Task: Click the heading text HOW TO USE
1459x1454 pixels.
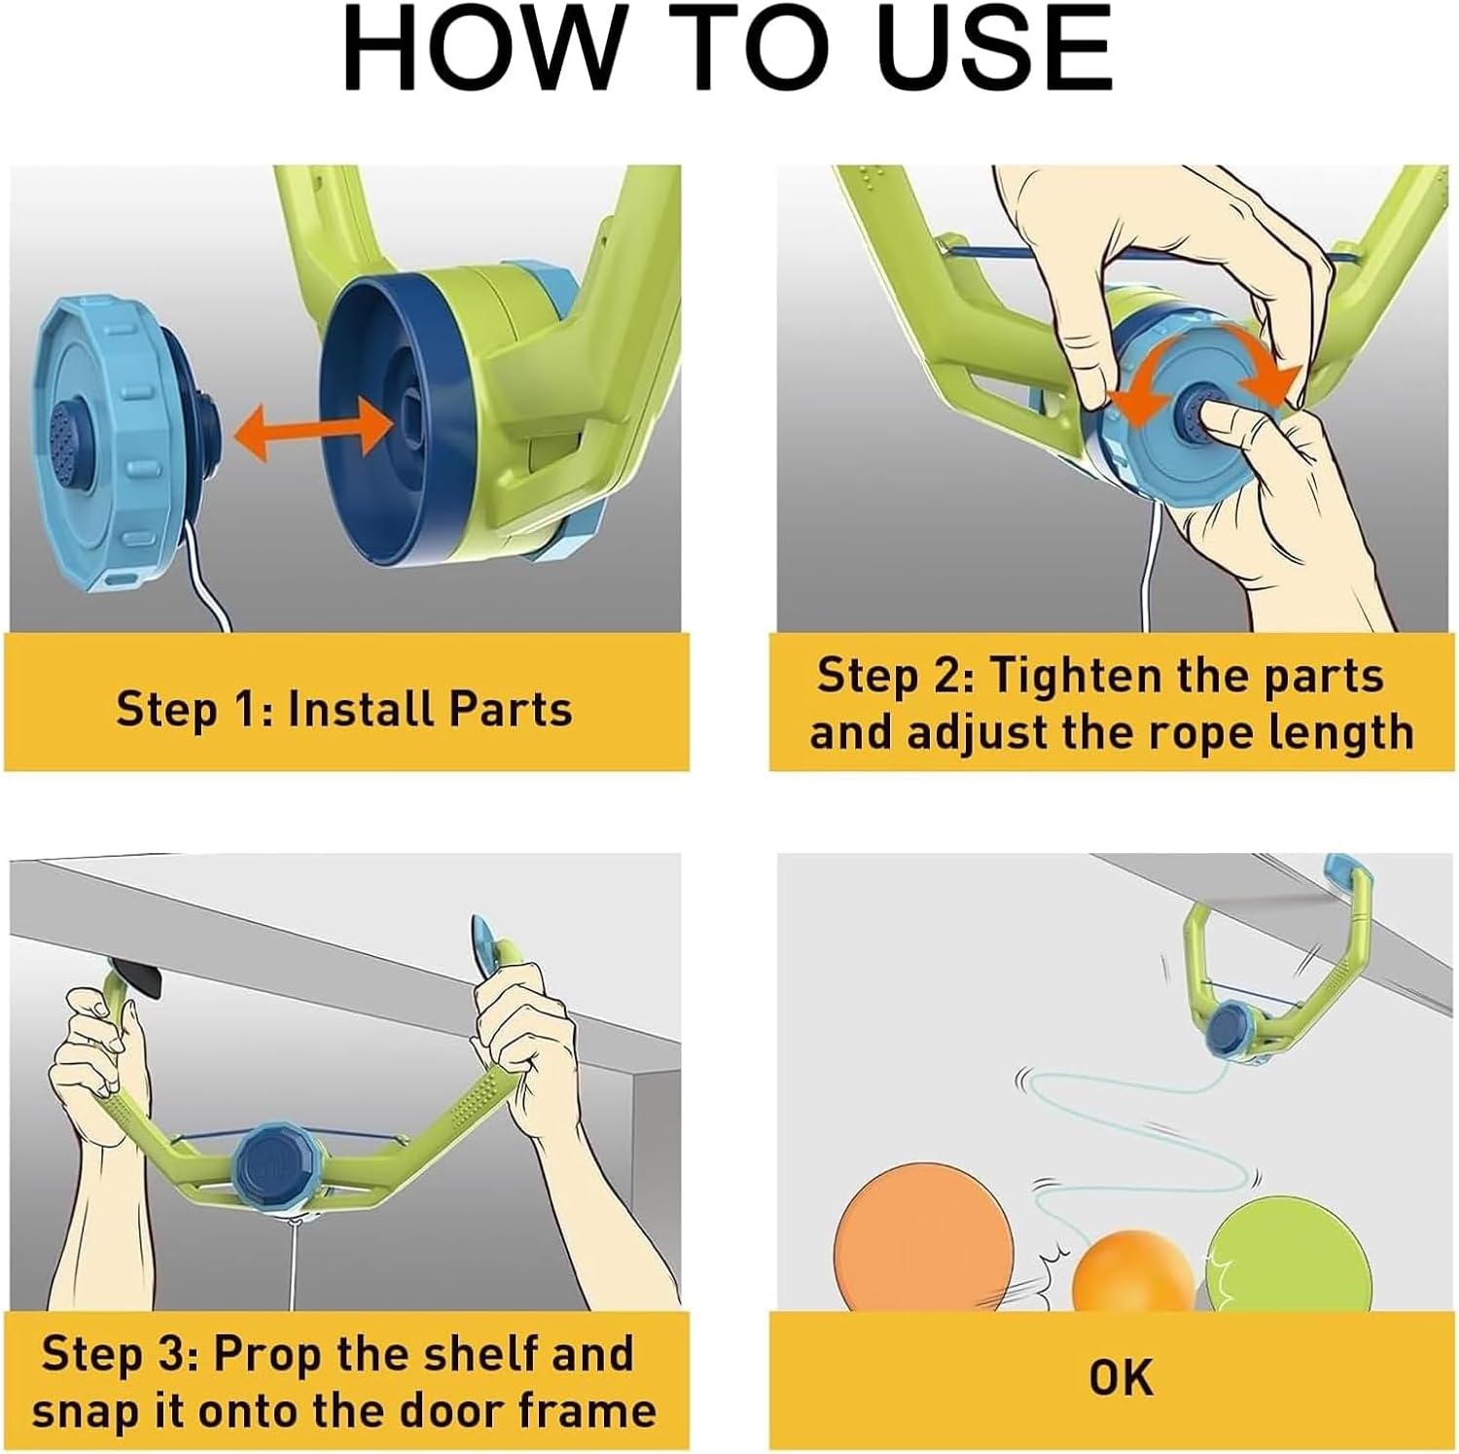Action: click(728, 50)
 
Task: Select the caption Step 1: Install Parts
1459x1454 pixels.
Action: click(344, 709)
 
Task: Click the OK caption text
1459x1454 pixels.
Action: click(1121, 1378)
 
